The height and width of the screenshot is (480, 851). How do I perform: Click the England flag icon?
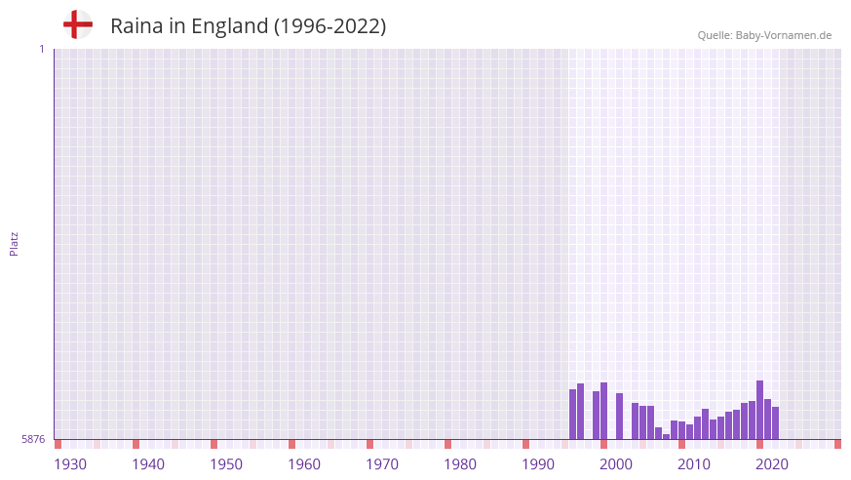pos(77,25)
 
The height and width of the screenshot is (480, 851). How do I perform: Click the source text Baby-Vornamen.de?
pos(783,36)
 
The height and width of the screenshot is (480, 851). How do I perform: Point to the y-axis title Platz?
pos(14,243)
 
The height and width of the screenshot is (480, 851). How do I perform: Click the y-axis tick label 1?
pos(41,49)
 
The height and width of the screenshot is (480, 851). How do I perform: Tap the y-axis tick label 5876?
pos(33,440)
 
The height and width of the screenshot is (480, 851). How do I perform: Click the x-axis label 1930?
pos(70,464)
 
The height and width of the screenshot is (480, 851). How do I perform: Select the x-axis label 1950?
pos(226,464)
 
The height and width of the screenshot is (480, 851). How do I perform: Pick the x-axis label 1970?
pos(382,464)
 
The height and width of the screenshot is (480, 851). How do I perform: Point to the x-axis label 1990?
pos(538,464)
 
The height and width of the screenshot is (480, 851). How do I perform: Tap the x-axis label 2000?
pos(616,464)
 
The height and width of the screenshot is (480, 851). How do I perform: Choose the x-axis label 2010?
pos(694,464)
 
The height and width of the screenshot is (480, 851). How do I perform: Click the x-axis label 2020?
pos(772,464)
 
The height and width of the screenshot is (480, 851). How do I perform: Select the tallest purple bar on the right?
pos(760,410)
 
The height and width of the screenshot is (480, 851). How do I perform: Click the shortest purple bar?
pos(667,436)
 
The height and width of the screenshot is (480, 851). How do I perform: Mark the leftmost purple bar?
pos(573,415)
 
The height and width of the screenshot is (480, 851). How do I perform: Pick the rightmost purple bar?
pos(776,423)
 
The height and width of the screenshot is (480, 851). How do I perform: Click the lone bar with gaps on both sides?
pos(620,417)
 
